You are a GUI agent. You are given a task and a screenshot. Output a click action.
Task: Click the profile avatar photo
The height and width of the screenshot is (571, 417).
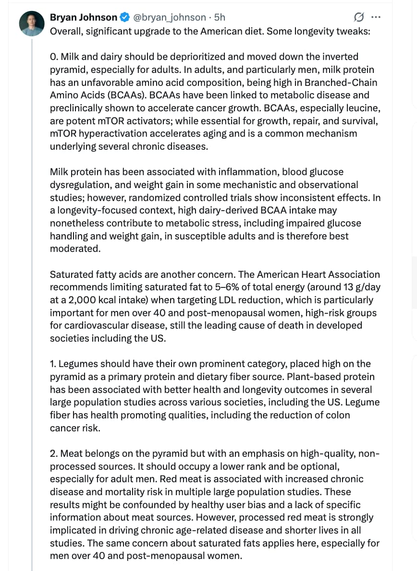click(32, 23)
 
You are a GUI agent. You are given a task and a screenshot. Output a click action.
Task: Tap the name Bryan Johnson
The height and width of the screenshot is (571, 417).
click(83, 18)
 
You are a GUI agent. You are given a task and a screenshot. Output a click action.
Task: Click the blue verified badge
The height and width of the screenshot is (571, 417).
click(124, 18)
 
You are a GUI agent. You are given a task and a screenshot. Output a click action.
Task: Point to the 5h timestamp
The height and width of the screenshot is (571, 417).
click(220, 18)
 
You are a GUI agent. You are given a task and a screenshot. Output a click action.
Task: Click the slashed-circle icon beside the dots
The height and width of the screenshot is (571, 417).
click(358, 18)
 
